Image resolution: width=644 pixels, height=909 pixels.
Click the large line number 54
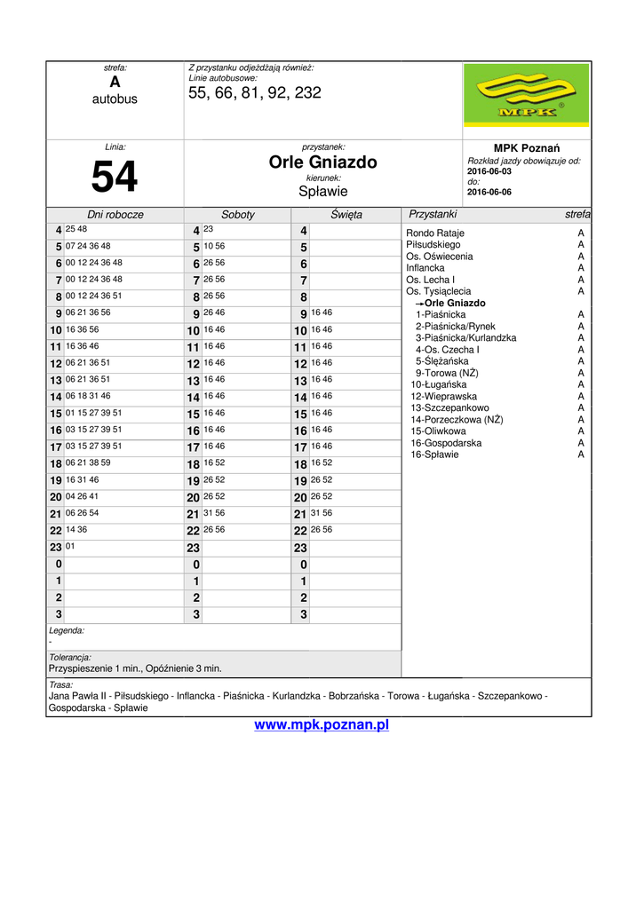tap(115, 177)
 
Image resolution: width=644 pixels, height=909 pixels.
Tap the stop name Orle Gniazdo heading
tap(323, 162)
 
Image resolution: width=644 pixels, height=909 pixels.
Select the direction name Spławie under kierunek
tap(323, 191)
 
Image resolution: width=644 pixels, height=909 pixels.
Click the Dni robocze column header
tap(115, 215)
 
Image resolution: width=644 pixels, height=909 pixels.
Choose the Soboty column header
tap(238, 215)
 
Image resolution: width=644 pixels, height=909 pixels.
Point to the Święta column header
tap(346, 215)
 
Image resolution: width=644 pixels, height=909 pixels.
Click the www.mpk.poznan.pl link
tap(322, 725)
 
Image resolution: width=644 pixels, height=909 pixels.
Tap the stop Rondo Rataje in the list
tap(435, 233)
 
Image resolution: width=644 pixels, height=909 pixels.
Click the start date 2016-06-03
tap(489, 171)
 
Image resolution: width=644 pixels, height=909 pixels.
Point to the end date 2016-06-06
tap(489, 192)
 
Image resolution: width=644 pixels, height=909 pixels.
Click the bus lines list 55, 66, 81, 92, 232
tap(255, 93)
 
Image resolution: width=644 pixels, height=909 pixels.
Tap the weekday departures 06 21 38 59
tap(88, 462)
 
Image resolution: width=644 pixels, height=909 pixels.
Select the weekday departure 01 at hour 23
tap(70, 546)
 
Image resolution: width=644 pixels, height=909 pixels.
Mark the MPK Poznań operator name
tap(526, 147)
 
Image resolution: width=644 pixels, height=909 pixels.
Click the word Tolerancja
tap(70, 657)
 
